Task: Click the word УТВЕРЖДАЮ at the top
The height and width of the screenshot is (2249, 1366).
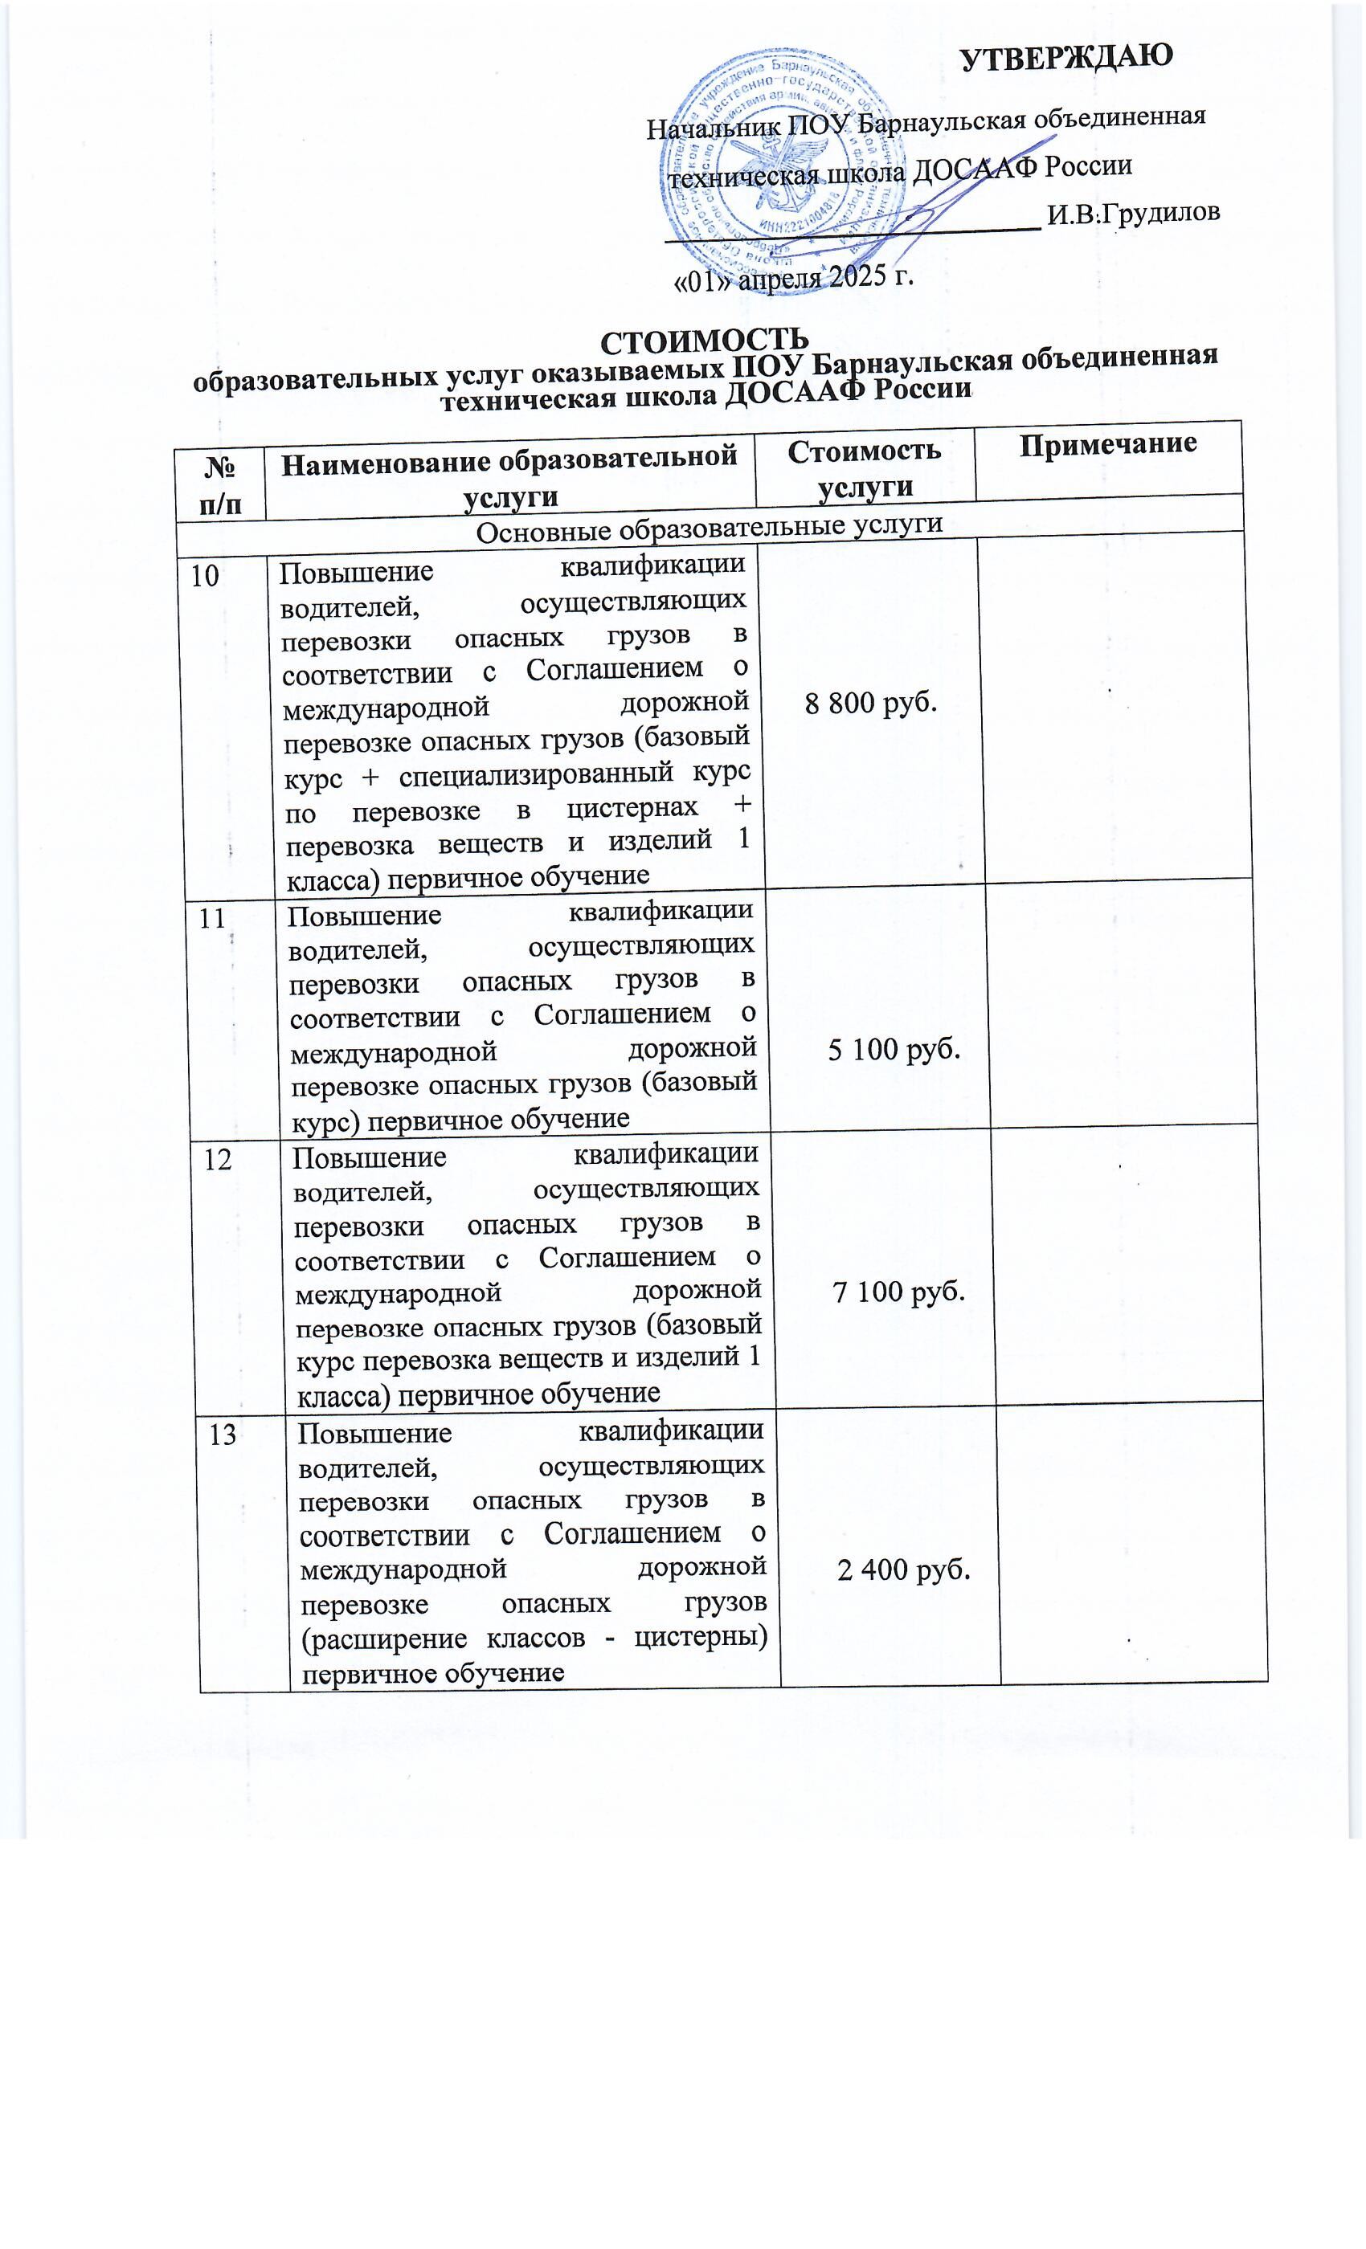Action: [x=1065, y=56]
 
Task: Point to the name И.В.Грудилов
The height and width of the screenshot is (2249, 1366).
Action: [x=1132, y=214]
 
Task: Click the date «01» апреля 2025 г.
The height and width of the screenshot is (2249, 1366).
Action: [x=792, y=276]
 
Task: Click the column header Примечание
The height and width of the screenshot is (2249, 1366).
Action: [x=1107, y=444]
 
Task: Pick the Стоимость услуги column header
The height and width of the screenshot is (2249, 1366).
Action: [x=864, y=467]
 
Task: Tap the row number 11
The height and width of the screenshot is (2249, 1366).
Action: [x=213, y=917]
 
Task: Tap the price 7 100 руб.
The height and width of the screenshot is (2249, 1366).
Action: [x=898, y=1292]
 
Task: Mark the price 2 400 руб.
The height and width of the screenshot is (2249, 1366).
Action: [x=903, y=1570]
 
